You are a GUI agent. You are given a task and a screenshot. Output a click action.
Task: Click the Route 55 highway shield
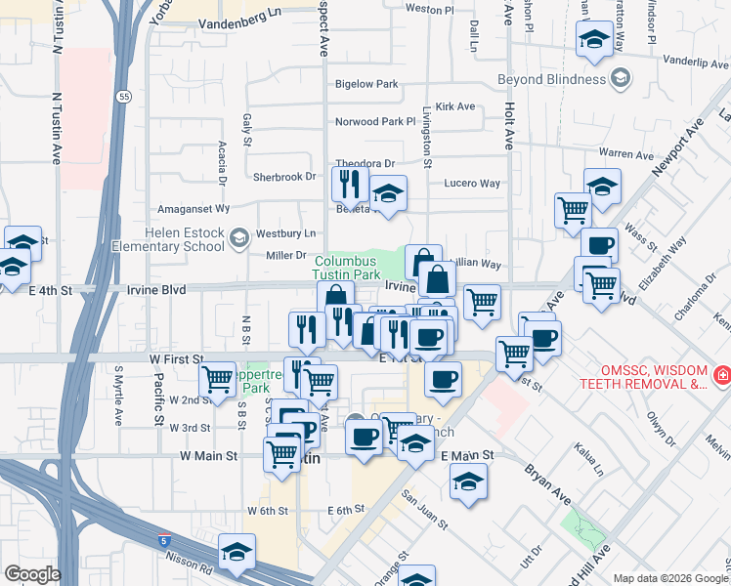point(122,97)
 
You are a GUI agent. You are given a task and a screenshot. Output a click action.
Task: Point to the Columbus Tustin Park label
point(346,269)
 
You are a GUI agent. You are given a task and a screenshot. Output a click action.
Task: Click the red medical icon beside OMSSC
point(721,375)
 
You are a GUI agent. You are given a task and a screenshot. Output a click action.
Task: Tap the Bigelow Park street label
point(366,85)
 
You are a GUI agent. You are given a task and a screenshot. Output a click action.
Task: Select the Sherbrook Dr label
point(285,177)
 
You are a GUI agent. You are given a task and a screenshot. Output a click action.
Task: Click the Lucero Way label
point(472,184)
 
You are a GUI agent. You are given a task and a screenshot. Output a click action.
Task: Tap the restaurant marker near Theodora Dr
point(349,183)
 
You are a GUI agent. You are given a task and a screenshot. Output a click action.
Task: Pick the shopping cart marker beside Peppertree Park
point(217,378)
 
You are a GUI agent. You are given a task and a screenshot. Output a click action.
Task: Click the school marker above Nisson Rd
point(236,552)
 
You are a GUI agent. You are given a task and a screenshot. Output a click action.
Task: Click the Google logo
point(32,574)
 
